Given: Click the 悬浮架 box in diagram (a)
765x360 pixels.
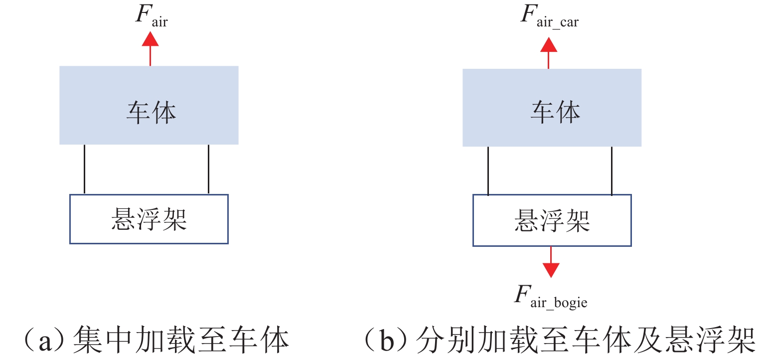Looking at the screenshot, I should coord(149,219).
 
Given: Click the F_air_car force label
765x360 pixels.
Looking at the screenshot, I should coord(549,16).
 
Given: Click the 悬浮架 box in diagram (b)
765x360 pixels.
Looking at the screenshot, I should coord(552,220).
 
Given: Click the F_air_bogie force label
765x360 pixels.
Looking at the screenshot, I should coord(551,298).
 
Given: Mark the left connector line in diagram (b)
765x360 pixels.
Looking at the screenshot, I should coord(488,171).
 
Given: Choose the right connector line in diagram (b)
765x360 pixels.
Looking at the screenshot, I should coord(612,171).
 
